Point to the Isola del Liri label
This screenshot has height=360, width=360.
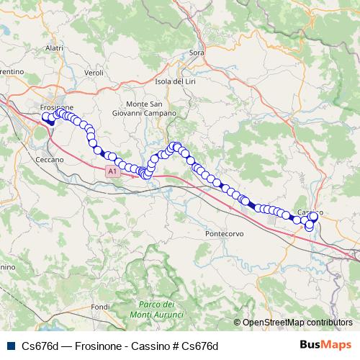(x=176, y=81)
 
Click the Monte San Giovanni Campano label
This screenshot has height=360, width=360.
(x=150, y=109)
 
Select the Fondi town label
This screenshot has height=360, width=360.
(x=100, y=307)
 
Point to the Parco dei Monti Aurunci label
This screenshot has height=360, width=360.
(x=157, y=310)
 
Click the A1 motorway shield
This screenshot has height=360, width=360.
(x=112, y=172)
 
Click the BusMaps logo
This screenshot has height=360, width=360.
(x=325, y=346)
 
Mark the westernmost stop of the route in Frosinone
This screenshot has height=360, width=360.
(x=46, y=117)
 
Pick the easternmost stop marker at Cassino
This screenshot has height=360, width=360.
(x=314, y=216)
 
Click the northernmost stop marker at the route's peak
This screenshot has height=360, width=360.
(x=175, y=146)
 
